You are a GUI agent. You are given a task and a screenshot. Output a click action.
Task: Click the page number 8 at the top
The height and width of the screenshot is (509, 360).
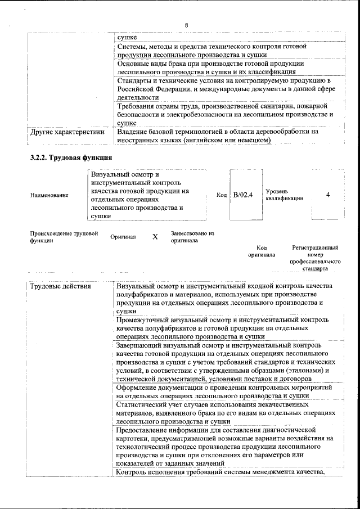pyautogui.click(x=186, y=25)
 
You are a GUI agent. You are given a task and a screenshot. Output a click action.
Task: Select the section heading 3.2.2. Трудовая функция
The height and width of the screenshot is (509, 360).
pyautogui.click(x=71, y=157)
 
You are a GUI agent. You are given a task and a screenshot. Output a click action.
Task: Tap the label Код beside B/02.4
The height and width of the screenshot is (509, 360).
pyautogui.click(x=222, y=195)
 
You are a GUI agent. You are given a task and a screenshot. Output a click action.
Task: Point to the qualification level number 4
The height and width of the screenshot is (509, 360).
pyautogui.click(x=328, y=195)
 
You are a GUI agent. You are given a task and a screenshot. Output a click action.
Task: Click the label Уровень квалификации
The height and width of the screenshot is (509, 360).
pyautogui.click(x=285, y=195)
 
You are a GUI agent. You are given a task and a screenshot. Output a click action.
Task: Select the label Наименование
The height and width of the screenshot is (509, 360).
pyautogui.click(x=49, y=195)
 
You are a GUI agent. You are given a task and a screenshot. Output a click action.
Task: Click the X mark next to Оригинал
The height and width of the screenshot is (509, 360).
pyautogui.click(x=155, y=237)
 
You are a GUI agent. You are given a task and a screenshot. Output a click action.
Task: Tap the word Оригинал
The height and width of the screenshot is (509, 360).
pyautogui.click(x=123, y=237)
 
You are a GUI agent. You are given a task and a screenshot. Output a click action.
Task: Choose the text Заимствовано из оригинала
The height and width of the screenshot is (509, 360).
pyautogui.click(x=192, y=236)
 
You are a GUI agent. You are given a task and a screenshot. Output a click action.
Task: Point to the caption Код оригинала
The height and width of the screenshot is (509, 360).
pyautogui.click(x=262, y=251)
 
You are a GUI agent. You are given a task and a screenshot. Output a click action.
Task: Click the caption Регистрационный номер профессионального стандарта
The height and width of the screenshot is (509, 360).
pyautogui.click(x=315, y=258)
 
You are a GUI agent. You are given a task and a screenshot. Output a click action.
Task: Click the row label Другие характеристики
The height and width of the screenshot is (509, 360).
pyautogui.click(x=67, y=133)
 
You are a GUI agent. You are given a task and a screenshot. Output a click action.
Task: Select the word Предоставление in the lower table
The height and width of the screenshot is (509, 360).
pyautogui.click(x=145, y=429)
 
